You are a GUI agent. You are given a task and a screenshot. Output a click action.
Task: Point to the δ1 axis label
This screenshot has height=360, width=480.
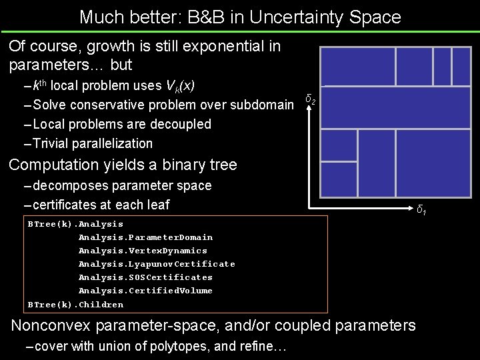(x=421, y=211)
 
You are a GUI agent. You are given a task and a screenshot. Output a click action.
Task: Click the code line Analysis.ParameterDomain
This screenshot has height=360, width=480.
(x=145, y=237)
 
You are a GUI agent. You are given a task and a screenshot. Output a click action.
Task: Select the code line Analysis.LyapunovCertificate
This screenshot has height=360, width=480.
(x=157, y=264)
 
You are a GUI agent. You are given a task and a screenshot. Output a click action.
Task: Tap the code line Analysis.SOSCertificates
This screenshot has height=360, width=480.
(x=145, y=277)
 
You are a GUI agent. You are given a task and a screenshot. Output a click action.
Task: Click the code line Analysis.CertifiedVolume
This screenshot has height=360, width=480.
(x=145, y=291)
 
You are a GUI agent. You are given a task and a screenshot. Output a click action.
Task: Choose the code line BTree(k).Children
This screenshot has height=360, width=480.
(x=75, y=305)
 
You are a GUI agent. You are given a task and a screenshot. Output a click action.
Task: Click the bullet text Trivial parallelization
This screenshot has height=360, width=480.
(x=93, y=143)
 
